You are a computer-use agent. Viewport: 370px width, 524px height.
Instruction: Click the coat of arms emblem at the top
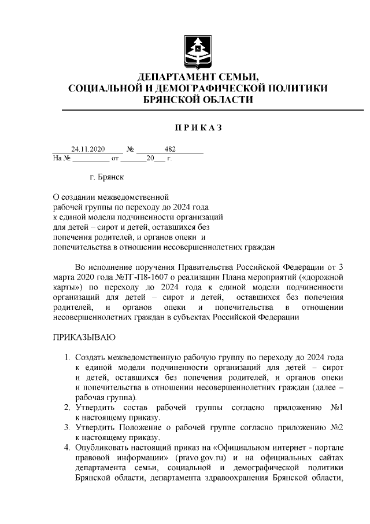click(x=198, y=53)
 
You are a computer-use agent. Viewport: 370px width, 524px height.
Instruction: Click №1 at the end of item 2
click(x=337, y=407)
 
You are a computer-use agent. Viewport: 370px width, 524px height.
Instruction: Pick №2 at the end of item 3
click(x=337, y=427)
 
